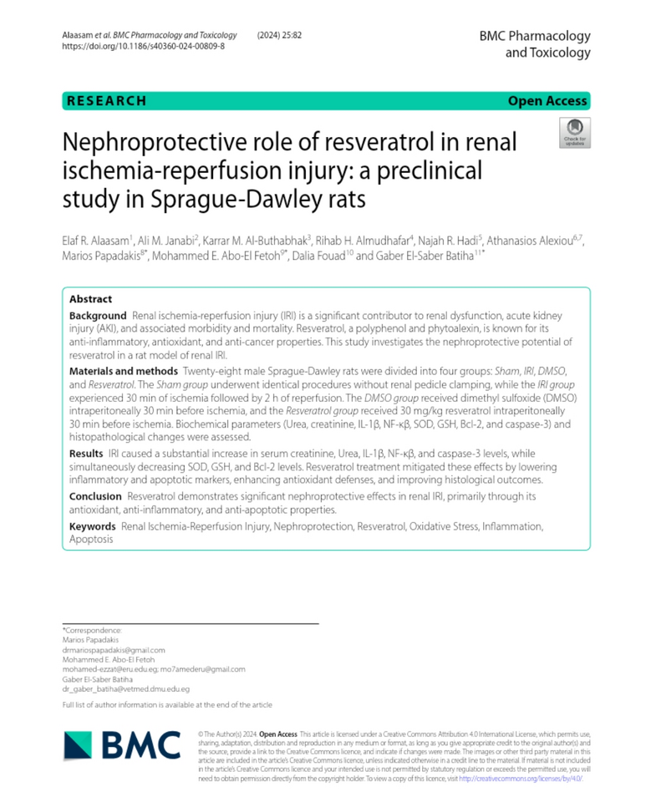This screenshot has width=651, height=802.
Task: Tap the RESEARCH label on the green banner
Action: (106, 101)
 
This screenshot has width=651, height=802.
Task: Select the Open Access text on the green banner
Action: (547, 101)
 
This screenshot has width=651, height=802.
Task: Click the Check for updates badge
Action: (574, 133)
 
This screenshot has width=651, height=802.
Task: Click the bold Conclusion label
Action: (95, 496)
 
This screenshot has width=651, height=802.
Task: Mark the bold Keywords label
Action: (92, 526)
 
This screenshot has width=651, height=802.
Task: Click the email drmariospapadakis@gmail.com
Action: (114, 649)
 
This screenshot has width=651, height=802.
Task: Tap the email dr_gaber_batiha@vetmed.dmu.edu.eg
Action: (126, 689)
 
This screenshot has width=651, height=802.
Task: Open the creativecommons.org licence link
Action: (519, 778)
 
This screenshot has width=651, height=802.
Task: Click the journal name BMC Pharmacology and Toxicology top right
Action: (534, 43)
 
